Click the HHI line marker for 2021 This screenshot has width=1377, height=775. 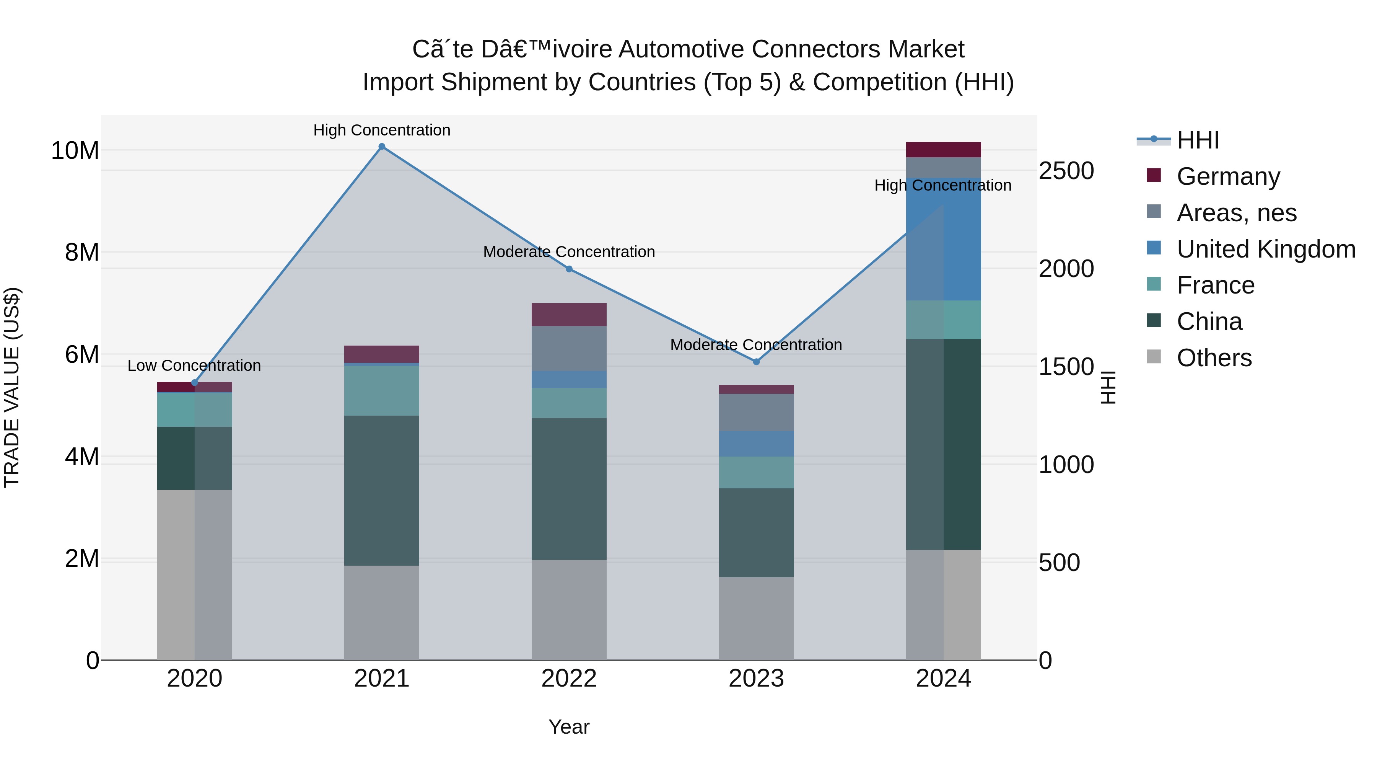382,147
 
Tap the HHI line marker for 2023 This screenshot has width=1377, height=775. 756,362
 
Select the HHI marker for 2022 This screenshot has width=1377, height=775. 569,269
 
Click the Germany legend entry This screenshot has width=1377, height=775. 1228,176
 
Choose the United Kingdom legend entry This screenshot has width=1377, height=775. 1265,249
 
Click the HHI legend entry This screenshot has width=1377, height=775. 1197,140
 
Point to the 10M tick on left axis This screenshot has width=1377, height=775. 75,151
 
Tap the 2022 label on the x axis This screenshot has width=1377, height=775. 569,679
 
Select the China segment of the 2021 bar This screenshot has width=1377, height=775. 382,491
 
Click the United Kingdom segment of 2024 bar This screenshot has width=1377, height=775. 944,239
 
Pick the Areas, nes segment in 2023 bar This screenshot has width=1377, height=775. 756,412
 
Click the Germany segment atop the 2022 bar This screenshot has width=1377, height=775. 569,315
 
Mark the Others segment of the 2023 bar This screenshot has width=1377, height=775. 756,618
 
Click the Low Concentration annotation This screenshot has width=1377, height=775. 194,366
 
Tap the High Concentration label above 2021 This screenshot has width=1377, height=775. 382,131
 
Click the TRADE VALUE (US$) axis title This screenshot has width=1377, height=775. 12,387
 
